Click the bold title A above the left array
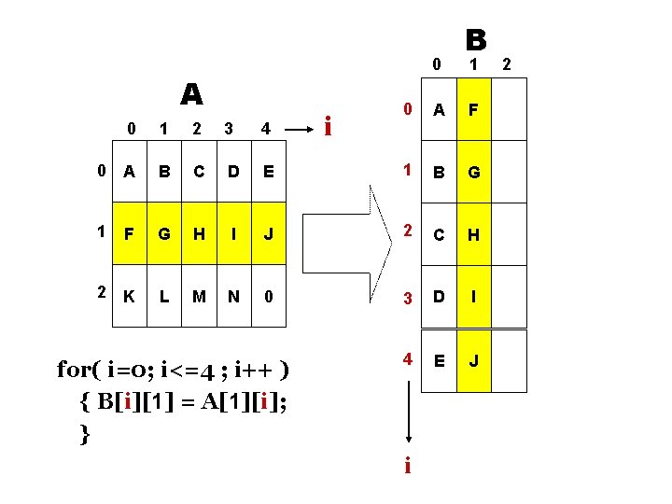coord(191,94)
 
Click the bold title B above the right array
coord(475,39)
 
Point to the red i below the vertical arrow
coord(407,464)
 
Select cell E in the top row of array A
coord(269,172)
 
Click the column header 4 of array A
coord(266,128)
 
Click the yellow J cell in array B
coord(473,359)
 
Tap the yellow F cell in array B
coord(473,110)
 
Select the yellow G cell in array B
coord(473,174)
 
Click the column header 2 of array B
coord(508,64)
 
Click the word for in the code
coord(77,370)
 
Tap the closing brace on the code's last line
coord(86,433)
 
